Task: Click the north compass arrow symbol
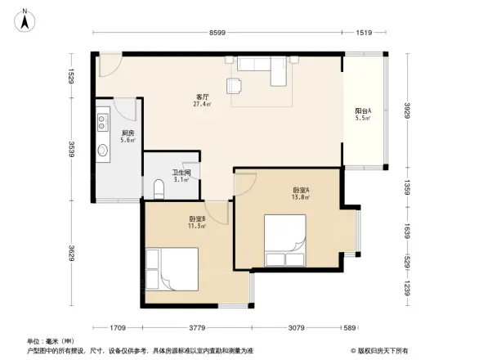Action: tap(26, 18)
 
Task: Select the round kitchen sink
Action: tap(104, 151)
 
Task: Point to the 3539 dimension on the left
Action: tap(73, 150)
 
